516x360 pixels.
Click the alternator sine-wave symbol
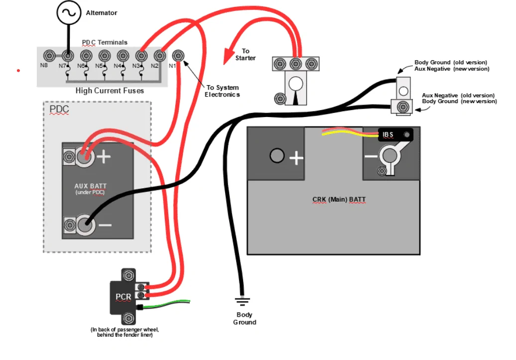click(69, 12)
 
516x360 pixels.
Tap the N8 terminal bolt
click(49, 55)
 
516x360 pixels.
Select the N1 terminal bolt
click(178, 55)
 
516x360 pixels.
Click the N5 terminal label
click(99, 66)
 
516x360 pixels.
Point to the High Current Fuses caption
click(110, 91)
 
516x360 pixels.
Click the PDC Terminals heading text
click(104, 42)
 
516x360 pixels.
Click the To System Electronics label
click(222, 91)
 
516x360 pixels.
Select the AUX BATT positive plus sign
click(104, 157)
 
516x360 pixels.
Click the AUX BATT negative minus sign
click(105, 225)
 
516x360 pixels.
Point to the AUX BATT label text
click(91, 186)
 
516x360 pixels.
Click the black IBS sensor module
click(395, 134)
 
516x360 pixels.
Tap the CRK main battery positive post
click(277, 156)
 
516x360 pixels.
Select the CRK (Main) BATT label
click(339, 199)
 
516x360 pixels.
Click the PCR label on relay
click(124, 297)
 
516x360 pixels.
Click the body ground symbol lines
click(242, 301)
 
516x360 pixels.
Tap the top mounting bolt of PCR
click(129, 275)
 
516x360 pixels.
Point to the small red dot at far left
click(18, 70)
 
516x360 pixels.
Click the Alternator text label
click(102, 13)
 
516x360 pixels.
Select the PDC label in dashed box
click(59, 109)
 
